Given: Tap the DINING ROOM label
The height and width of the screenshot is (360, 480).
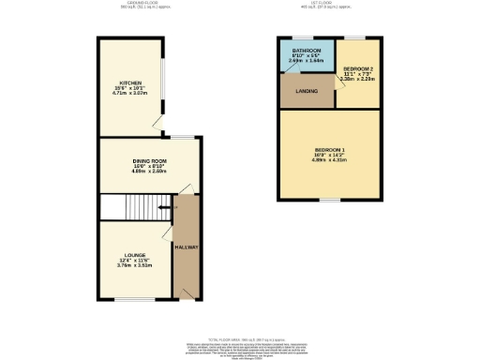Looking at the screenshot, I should (148, 161).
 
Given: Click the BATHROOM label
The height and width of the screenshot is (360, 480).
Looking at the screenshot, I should (307, 51).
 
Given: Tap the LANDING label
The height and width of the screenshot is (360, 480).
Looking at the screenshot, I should (306, 92).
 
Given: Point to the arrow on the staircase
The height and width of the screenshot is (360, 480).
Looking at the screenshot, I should (164, 207).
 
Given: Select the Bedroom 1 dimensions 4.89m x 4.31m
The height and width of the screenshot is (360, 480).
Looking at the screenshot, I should (328, 160).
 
